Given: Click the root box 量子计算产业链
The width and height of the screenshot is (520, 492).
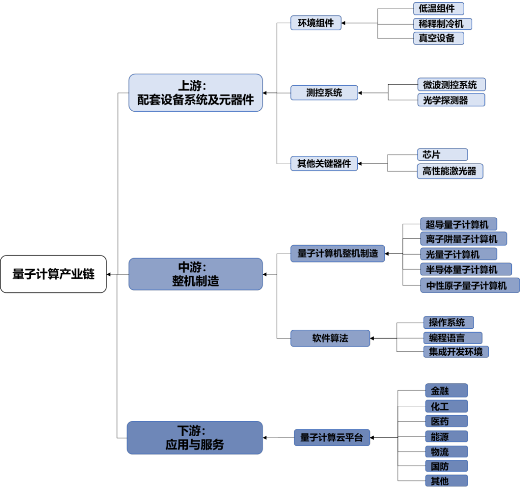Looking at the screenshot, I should tap(53, 274).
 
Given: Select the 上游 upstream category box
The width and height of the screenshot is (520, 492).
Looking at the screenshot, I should tap(195, 92).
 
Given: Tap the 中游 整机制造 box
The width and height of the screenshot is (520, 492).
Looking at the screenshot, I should tap(195, 274).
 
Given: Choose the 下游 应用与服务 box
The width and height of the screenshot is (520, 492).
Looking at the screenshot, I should tap(195, 438).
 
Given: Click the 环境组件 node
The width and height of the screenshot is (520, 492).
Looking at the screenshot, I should tap(315, 23).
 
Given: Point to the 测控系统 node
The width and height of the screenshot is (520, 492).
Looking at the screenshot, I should tap(324, 92).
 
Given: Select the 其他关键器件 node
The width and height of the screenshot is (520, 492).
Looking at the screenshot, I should tap(324, 163).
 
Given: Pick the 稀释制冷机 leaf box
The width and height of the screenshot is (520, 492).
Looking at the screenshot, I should tap(442, 24).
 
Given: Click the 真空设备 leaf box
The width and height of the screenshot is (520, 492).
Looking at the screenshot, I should tap(438, 38).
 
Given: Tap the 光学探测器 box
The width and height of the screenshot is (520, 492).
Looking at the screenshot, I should tap(451, 100).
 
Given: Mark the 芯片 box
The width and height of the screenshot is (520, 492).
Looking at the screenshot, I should tap(442, 155).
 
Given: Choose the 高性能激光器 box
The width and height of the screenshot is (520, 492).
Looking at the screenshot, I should tap(449, 171).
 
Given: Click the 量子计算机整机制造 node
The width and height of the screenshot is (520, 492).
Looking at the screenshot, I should tap(338, 253).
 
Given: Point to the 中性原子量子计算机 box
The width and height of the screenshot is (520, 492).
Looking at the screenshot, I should tap(469, 285).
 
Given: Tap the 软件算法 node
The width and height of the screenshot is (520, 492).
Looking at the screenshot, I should tap(330, 338).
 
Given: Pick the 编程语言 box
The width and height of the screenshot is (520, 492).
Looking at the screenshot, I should tap(453, 337).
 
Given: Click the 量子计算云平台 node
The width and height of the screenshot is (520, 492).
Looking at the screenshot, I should tap(331, 438).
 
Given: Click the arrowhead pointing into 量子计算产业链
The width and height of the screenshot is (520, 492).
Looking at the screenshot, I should tap(109, 274).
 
